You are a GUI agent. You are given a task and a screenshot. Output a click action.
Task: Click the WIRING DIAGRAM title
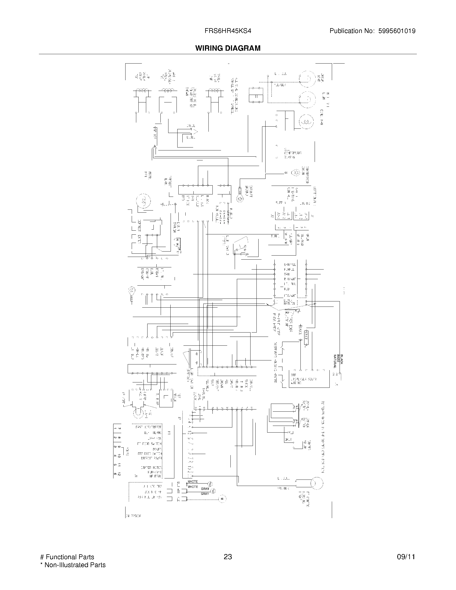(228, 48)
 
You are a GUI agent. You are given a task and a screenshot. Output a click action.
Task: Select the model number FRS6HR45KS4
(228, 31)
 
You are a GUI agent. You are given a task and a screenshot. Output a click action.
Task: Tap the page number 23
(228, 557)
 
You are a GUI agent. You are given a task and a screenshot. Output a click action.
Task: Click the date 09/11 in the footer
(406, 557)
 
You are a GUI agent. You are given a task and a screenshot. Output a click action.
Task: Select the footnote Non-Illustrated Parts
(75, 565)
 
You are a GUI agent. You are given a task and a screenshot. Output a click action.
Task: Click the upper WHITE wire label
(193, 482)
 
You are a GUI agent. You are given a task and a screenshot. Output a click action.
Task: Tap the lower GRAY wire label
(205, 494)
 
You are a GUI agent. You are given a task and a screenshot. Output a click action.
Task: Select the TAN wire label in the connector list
(287, 274)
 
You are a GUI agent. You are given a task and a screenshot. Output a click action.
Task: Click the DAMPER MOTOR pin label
(151, 467)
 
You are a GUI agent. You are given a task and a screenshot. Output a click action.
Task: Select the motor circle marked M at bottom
(222, 499)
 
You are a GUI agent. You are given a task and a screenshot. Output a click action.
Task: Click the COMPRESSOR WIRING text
(292, 153)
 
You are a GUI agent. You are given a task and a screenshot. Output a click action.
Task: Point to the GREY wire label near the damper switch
(288, 440)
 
